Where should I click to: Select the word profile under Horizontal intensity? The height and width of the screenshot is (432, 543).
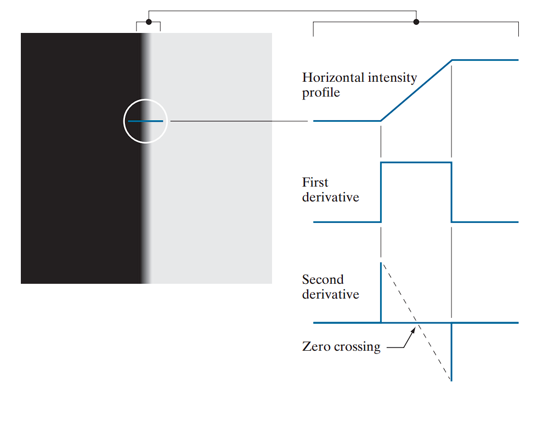321,92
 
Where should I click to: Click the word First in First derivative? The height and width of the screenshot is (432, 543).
315,182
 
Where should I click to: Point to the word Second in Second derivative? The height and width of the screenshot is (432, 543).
323,279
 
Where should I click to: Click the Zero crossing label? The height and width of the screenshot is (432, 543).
341,346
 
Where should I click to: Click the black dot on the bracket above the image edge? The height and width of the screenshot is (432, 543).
149,22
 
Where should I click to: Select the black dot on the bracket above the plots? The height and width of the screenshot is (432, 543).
416,22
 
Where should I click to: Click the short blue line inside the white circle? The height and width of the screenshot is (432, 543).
145,121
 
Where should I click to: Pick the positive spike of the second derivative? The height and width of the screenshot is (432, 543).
381,291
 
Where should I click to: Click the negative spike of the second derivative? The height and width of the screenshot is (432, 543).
451,351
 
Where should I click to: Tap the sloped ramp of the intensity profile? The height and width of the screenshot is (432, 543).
416,90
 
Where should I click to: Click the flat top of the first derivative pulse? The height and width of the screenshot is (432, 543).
416,162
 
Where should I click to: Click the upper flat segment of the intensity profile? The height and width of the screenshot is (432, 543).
485,60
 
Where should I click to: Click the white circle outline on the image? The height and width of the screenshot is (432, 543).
125,121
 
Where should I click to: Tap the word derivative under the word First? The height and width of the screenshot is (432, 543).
330,197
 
